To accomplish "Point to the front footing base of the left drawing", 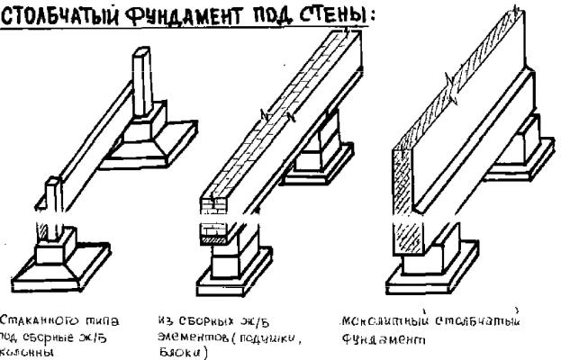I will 54,261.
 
